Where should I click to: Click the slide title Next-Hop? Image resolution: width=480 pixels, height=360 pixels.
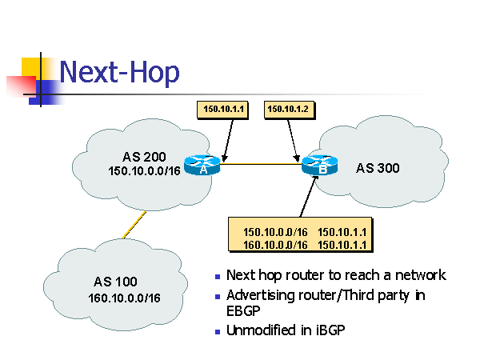[x=119, y=73]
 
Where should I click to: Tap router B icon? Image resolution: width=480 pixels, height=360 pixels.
[x=319, y=166]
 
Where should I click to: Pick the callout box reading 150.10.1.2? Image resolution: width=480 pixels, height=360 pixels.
[x=287, y=108]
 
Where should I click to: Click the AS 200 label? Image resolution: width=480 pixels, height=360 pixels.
[x=144, y=156]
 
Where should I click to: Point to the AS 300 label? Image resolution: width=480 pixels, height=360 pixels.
[x=378, y=168]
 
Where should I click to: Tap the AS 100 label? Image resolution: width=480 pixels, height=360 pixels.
[x=115, y=282]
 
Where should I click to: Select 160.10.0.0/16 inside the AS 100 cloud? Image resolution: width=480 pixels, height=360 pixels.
[x=125, y=298]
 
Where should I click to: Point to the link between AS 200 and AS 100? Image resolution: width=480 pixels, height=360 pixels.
[x=134, y=225]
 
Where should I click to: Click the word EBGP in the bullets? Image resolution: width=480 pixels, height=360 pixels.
[x=242, y=310]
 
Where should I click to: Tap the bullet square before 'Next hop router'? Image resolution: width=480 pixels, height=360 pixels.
[x=218, y=277]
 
